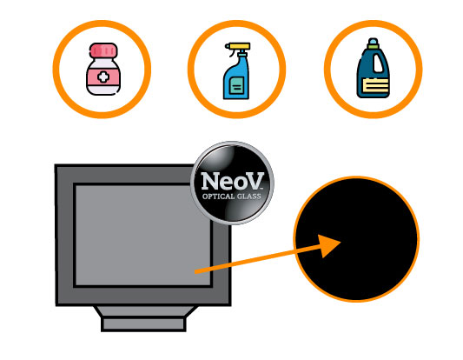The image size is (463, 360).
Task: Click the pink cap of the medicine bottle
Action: click(103, 50)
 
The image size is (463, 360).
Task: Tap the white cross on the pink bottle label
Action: click(103, 77)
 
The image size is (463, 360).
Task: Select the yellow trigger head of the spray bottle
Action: click(238, 46)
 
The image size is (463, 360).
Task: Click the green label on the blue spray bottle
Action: click(236, 86)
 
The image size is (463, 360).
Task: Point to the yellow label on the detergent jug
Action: click(375, 85)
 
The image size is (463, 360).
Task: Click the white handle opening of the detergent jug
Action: click(378, 63)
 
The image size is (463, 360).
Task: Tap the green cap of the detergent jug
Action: click(373, 46)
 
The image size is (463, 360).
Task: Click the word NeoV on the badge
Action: click(232, 181)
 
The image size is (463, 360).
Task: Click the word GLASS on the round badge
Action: click(248, 197)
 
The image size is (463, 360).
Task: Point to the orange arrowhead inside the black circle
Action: click(328, 245)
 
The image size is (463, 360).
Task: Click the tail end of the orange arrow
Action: click(195, 272)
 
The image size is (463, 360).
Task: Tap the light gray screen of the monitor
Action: click(142, 235)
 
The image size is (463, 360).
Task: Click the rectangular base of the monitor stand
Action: click(143, 324)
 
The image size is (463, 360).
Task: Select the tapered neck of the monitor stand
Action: click(146, 311)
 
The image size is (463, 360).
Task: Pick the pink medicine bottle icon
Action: click(103, 70)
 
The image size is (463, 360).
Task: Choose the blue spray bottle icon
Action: click(237, 71)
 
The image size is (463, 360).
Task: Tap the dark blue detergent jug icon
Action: click(374, 68)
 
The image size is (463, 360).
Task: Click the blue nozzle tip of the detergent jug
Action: click(373, 41)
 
